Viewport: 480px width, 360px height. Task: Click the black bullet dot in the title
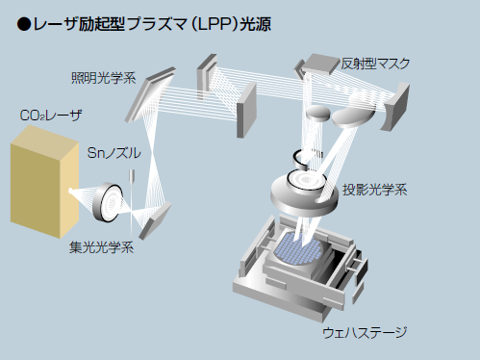(24, 24)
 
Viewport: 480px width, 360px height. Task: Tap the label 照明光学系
(104, 78)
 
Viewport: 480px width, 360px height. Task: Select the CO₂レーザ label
(51, 116)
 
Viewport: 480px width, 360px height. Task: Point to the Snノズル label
(114, 153)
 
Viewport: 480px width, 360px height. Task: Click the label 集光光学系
(101, 247)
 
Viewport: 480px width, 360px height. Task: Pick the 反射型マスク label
(375, 64)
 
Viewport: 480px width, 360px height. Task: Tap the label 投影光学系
(374, 190)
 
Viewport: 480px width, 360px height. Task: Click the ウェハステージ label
(365, 332)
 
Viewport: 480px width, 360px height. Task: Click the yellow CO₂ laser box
(44, 182)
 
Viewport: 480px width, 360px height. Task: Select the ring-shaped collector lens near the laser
(107, 202)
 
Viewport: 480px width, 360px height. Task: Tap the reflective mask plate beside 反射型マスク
(320, 64)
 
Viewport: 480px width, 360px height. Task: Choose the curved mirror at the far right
(395, 107)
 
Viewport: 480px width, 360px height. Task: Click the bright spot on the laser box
(70, 192)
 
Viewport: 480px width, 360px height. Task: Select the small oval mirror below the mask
(317, 113)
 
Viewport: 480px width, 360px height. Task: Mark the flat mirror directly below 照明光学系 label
(150, 94)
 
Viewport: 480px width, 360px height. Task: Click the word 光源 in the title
(256, 24)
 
